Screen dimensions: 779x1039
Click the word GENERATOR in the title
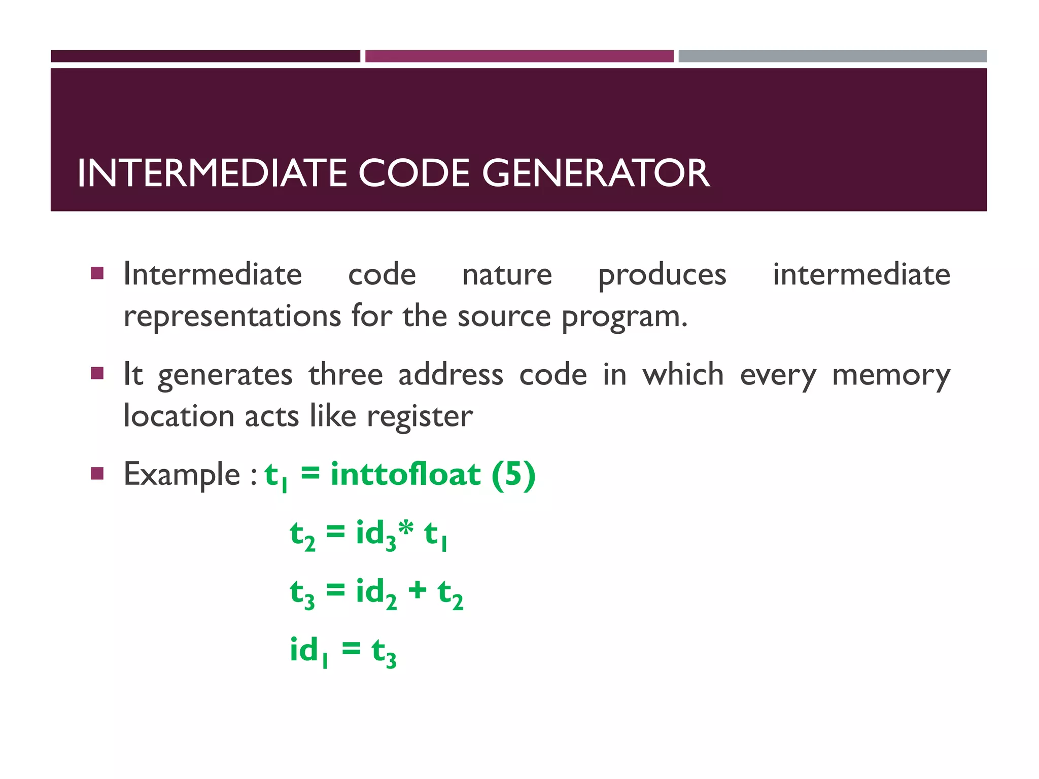click(x=596, y=173)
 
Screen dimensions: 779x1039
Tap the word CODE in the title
click(x=414, y=173)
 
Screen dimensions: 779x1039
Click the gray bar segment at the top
click(x=833, y=56)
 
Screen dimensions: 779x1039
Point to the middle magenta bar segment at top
click(x=519, y=56)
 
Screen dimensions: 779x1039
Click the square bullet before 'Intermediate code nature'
click(x=97, y=274)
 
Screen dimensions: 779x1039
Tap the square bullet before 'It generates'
click(x=97, y=374)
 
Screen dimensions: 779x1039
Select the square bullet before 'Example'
click(x=97, y=474)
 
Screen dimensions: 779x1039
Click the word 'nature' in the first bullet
click(x=507, y=275)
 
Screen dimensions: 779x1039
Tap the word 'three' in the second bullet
click(x=345, y=375)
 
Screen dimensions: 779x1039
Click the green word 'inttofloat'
click(x=405, y=475)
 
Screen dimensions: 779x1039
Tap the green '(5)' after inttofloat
click(x=513, y=475)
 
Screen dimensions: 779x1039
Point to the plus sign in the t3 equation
click(x=418, y=590)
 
